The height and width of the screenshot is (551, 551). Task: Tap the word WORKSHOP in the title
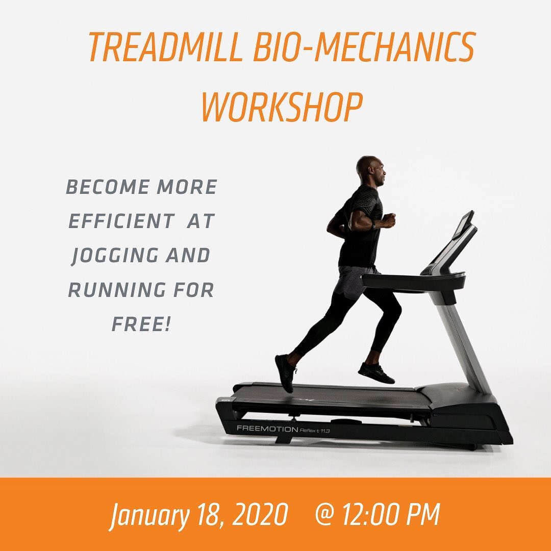click(x=281, y=107)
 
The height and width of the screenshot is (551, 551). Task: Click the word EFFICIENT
click(x=121, y=221)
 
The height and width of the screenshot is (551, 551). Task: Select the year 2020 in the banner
click(x=260, y=514)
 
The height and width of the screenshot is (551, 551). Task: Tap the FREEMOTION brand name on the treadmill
click(x=267, y=429)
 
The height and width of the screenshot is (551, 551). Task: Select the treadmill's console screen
click(x=463, y=226)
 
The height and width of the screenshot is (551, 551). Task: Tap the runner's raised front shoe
click(x=376, y=373)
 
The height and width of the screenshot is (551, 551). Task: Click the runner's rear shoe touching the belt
click(x=285, y=373)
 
